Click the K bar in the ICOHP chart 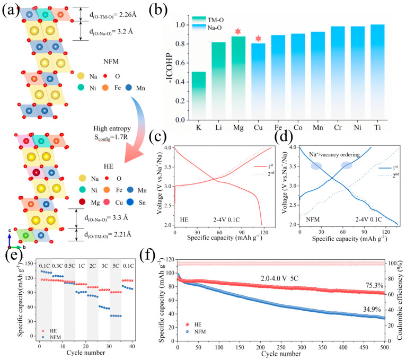199,95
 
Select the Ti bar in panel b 377,72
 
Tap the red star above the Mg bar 238,32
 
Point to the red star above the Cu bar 258,39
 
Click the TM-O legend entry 208,20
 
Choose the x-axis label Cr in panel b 338,127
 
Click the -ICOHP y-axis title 170,68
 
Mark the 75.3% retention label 374,285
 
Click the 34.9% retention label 372,309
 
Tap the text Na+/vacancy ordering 334,155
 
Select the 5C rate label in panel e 116,266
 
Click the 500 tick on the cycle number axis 384,347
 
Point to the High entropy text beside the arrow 112,128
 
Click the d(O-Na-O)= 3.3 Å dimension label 106,218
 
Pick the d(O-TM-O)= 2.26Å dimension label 113,15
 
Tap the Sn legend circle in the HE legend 130,202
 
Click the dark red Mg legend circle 82,202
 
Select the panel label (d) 284,137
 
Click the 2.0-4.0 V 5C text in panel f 279,278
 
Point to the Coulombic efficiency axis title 400,300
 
